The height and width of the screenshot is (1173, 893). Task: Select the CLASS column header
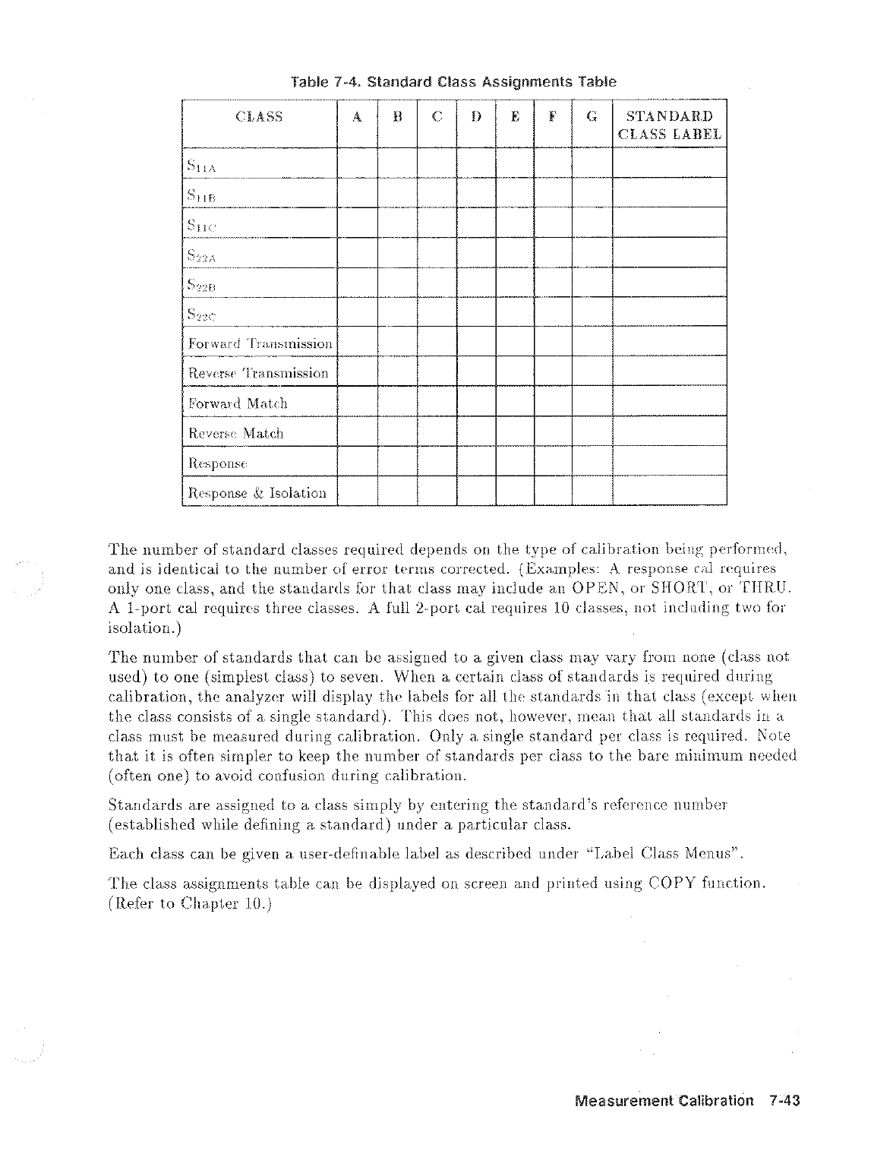(x=259, y=117)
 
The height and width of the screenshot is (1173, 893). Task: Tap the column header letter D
(x=476, y=117)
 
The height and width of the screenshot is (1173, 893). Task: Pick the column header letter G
(x=592, y=117)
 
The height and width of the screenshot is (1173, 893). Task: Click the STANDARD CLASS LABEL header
(x=669, y=125)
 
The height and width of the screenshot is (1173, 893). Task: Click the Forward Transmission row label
(x=260, y=343)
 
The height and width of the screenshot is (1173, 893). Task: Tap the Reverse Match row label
(x=235, y=434)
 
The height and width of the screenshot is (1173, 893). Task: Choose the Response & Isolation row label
(x=257, y=493)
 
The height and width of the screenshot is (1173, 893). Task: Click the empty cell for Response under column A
(x=357, y=463)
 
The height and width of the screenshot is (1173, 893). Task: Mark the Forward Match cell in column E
(x=515, y=403)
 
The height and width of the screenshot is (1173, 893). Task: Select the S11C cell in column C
(x=437, y=224)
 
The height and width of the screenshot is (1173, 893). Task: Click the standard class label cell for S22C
(x=669, y=314)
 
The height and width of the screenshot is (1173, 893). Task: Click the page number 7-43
(x=785, y=1101)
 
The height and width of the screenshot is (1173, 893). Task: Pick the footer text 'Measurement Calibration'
(x=664, y=1101)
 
